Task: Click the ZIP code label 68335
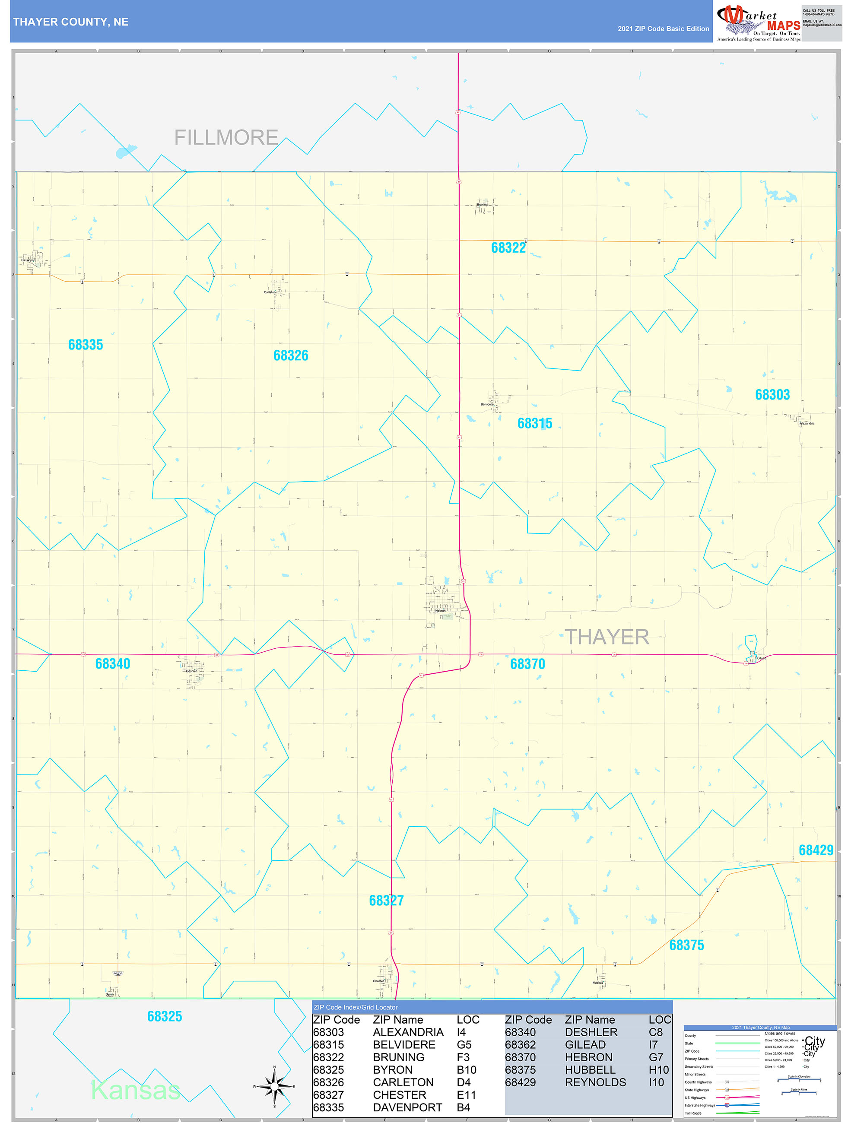tap(85, 345)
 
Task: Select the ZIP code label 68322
tap(508, 248)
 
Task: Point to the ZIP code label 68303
tap(772, 394)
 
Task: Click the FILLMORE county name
tap(226, 138)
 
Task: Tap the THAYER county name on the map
tap(607, 637)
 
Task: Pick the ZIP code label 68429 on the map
tap(816, 850)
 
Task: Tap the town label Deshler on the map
tap(191, 671)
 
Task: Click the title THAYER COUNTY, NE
tap(70, 22)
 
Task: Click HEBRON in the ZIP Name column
tap(588, 1057)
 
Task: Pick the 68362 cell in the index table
tap(520, 1044)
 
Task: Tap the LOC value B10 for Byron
tap(466, 1070)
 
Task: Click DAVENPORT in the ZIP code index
tap(407, 1107)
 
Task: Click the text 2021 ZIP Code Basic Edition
tap(663, 29)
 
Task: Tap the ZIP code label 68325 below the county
tap(165, 1016)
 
